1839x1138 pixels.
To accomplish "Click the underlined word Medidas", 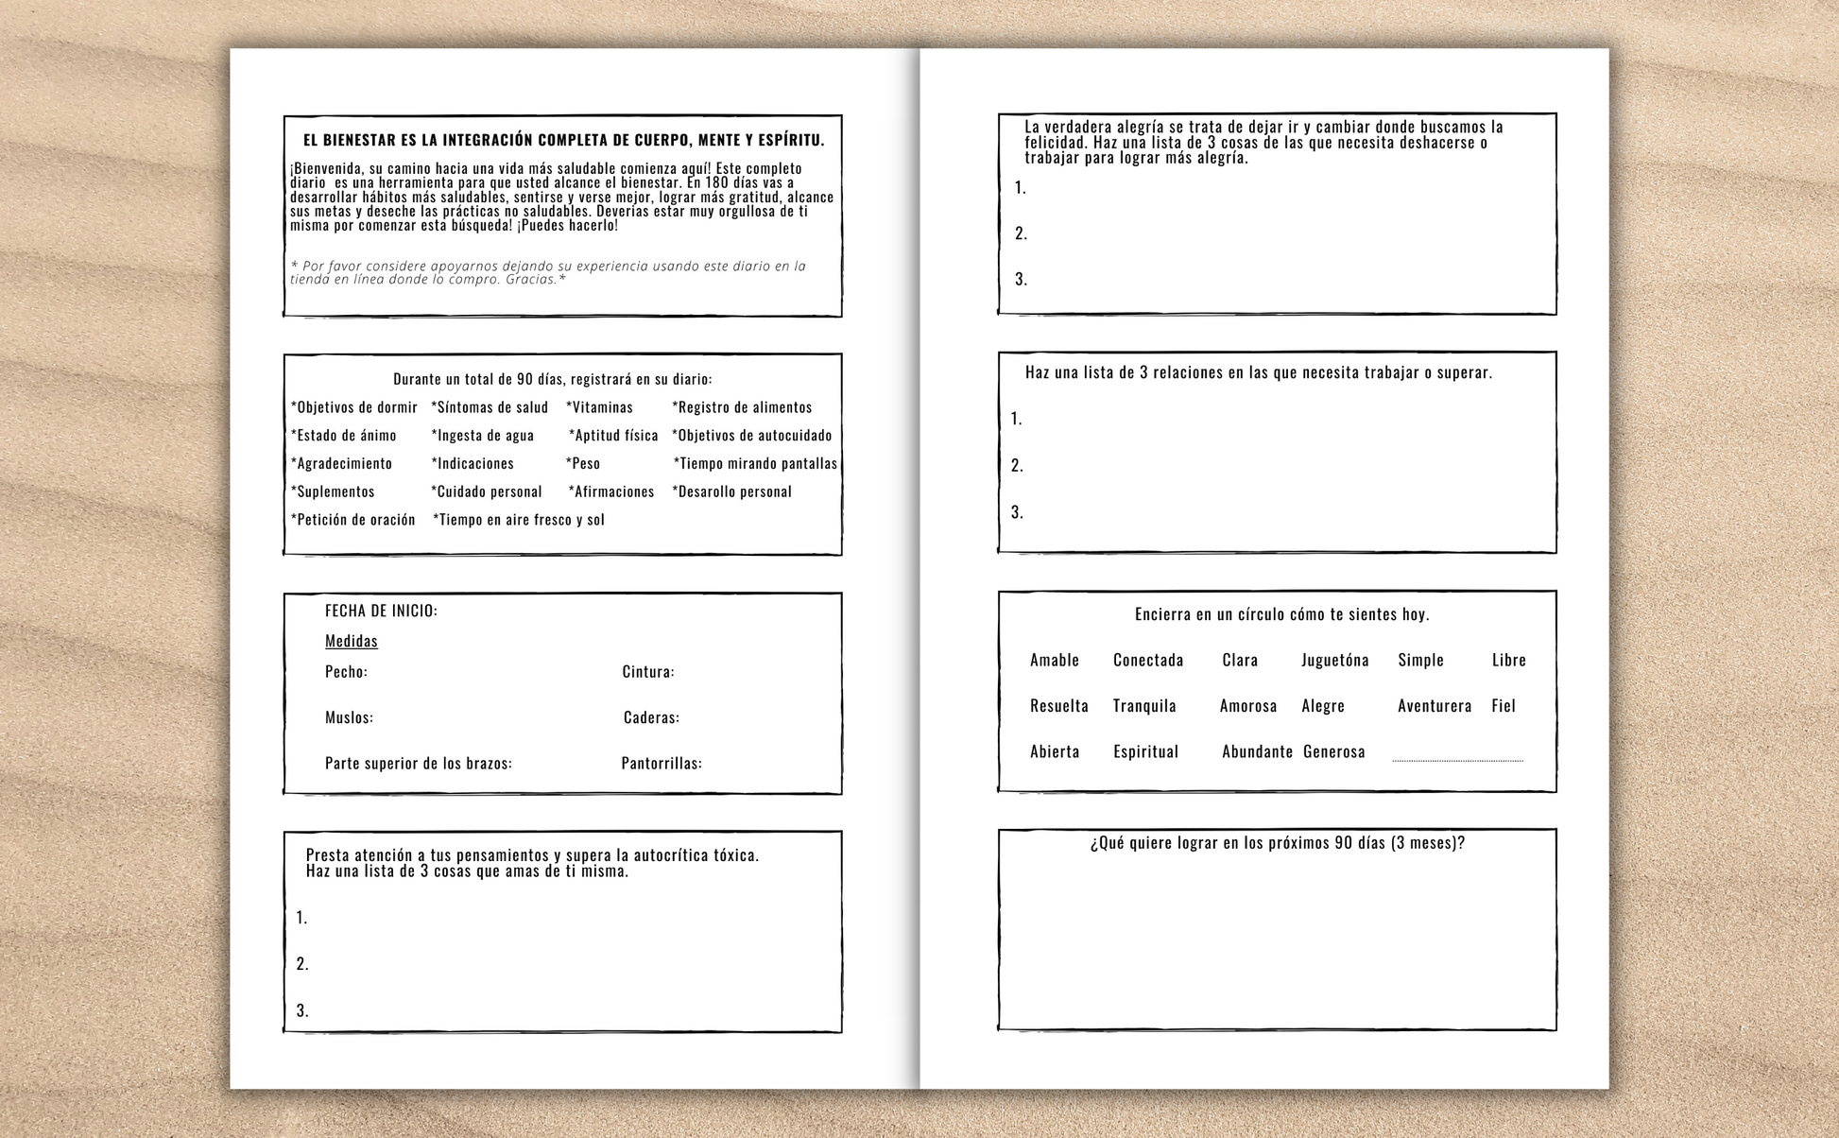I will (352, 641).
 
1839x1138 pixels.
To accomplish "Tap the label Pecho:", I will (346, 672).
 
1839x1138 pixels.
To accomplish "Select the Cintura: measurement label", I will (648, 672).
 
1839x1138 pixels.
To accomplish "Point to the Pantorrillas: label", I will (662, 764).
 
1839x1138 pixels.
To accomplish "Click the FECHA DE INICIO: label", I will (381, 612).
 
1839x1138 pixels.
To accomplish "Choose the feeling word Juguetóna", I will (1334, 661).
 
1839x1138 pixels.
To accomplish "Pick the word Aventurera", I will (1435, 706).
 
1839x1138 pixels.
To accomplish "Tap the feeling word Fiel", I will (1504, 706).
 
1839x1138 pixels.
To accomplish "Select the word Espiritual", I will (1145, 752).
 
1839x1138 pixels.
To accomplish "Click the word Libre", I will (1509, 661).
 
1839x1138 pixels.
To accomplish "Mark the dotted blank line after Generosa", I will (1457, 759).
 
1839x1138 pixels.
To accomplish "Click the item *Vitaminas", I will (600, 407).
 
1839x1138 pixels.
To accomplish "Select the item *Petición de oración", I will (353, 520).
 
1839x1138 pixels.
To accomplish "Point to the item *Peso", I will (583, 464).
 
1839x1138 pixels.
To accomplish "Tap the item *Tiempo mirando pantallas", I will (755, 464).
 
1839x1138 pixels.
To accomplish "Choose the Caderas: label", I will (651, 718).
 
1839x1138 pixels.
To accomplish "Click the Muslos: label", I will (349, 718).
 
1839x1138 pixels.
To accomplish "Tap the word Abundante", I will (1257, 752).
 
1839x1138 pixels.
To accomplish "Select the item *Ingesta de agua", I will (483, 436).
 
